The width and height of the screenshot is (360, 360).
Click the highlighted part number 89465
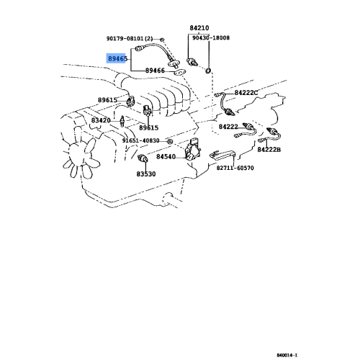tap(117, 58)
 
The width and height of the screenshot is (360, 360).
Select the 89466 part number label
tap(155, 71)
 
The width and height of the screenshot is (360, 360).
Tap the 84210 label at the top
tap(199, 28)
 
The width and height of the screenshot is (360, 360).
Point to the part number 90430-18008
tap(211, 38)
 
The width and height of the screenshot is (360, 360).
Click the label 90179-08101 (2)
tap(130, 38)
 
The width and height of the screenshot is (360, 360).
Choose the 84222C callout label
tap(246, 93)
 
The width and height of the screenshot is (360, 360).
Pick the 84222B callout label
tap(269, 150)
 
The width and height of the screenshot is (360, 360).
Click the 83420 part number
tap(101, 120)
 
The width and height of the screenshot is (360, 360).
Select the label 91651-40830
tap(141, 140)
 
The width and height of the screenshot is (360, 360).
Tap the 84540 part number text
tap(166, 157)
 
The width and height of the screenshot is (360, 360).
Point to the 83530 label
tap(146, 174)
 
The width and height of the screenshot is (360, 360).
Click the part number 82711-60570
tap(235, 168)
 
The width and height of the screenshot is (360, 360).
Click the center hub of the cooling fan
tap(76, 153)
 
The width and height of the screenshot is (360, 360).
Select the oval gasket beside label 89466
tap(179, 72)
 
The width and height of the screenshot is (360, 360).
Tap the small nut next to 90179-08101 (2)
tap(162, 39)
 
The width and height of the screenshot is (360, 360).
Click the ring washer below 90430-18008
tap(208, 71)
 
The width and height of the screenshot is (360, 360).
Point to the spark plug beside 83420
tap(122, 121)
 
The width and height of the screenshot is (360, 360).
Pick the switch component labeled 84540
tap(192, 150)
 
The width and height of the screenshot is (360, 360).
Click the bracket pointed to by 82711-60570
tap(222, 154)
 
